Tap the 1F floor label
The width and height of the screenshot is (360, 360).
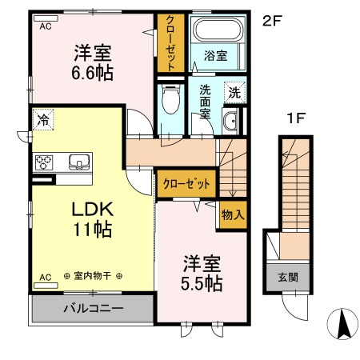(x=297, y=119)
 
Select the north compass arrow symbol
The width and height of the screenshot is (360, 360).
(x=343, y=325)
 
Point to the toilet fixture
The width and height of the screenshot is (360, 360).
(x=169, y=102)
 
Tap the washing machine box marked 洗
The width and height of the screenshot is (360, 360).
(x=234, y=92)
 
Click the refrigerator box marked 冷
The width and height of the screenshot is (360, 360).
(x=42, y=121)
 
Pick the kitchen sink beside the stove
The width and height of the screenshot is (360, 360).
(x=78, y=162)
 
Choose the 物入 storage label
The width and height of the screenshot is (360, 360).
(x=233, y=215)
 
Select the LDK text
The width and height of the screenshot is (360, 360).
(x=94, y=210)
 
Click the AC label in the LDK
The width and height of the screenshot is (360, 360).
(x=45, y=277)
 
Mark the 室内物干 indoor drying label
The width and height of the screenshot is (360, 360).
(x=93, y=277)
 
